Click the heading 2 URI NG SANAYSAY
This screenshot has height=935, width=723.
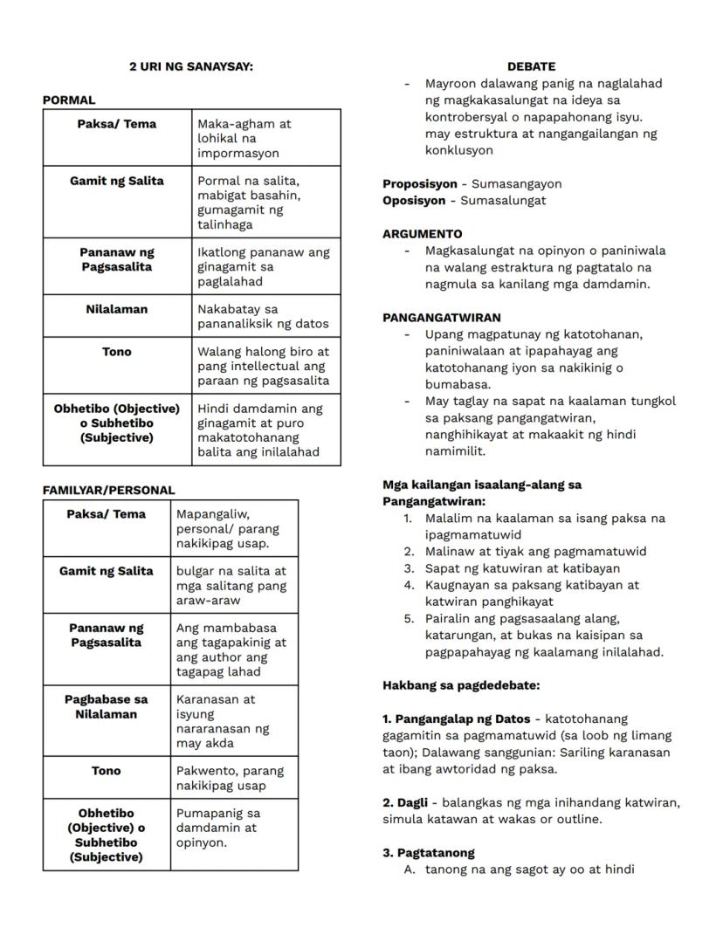[191, 66]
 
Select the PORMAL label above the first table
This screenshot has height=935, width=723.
[69, 100]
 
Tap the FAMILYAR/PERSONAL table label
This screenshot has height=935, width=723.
[108, 491]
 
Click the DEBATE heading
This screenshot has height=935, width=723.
[531, 66]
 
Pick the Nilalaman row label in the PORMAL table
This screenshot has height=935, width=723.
[117, 309]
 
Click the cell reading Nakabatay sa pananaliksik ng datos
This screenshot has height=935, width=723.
[263, 316]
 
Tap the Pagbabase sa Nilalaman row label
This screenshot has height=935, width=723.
[107, 706]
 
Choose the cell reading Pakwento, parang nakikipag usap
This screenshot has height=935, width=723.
[230, 778]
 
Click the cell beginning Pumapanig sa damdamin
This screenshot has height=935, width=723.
[217, 828]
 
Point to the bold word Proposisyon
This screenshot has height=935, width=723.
[420, 183]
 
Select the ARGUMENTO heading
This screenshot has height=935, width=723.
[423, 234]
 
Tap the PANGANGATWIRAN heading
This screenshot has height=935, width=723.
[442, 318]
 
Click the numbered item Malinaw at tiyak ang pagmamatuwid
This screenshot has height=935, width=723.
[535, 551]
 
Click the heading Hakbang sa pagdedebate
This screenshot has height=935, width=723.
[461, 685]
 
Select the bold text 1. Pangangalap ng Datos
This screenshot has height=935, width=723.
[457, 718]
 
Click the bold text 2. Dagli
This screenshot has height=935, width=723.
[406, 802]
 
